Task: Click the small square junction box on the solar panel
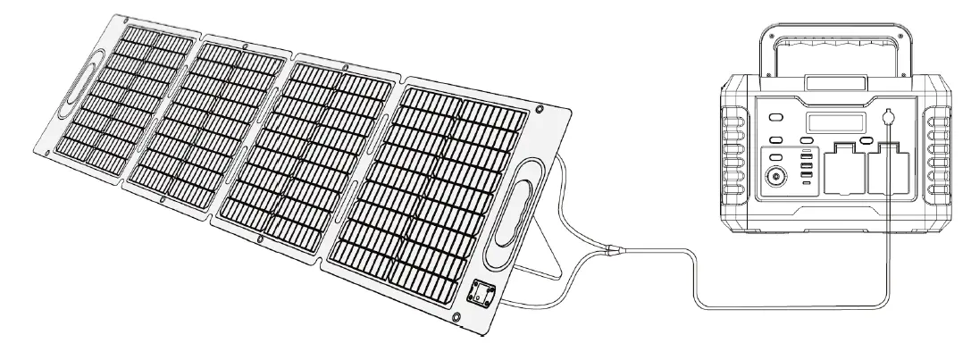481,291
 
